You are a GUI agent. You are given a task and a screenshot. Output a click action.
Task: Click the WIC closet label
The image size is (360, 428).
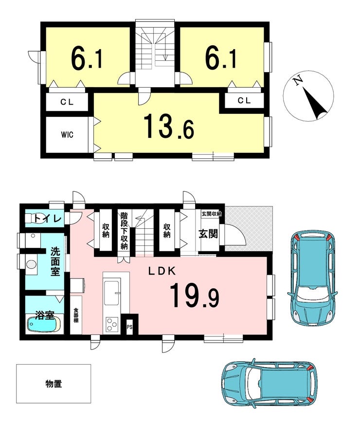(x=67, y=134)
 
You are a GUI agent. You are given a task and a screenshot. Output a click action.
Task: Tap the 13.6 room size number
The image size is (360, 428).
(x=169, y=127)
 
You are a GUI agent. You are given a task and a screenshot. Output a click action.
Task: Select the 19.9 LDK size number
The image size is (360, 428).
(x=195, y=296)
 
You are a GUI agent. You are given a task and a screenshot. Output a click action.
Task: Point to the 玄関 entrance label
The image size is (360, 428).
(x=208, y=234)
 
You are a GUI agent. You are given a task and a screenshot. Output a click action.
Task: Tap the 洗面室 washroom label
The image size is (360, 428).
(x=55, y=261)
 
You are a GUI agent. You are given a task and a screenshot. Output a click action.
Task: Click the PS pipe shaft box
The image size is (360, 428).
(x=129, y=326)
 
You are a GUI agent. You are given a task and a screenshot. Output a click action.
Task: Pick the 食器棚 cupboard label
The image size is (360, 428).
(x=76, y=316)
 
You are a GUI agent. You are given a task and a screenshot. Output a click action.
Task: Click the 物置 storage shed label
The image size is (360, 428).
(x=54, y=384)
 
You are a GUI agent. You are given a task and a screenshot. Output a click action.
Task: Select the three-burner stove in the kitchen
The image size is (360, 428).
(x=112, y=324)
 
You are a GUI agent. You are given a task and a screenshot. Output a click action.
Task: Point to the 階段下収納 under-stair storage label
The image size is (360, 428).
(x=124, y=231)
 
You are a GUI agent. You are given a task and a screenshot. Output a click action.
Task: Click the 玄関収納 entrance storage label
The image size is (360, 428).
(x=211, y=214)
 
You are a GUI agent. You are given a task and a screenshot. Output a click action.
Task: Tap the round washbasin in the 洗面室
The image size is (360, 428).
(x=32, y=264)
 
